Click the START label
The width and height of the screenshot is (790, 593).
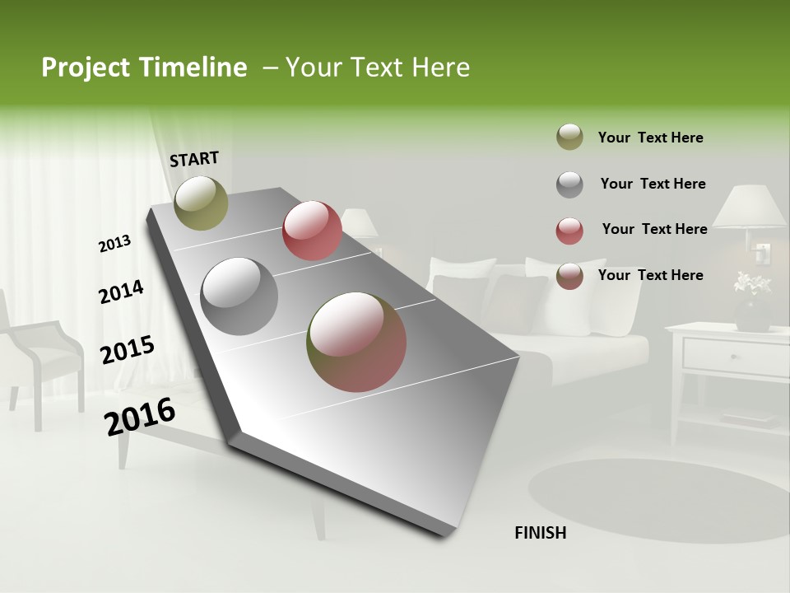194,159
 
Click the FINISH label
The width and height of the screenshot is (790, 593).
540,533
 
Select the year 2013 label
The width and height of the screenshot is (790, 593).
114,243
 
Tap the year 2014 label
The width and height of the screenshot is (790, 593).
121,292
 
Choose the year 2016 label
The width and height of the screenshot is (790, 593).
140,417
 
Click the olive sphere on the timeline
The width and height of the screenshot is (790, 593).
201,203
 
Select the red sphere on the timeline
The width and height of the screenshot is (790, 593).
312,231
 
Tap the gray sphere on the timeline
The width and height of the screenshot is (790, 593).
239,296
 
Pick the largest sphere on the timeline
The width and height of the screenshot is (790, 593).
356,342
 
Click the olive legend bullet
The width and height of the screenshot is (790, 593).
569,138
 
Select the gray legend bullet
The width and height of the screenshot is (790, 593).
569,184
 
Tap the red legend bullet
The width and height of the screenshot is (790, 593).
569,231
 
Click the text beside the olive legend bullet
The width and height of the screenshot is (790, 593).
650,138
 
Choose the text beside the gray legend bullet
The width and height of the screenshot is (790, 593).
653,184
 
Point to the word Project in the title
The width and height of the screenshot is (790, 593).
86,68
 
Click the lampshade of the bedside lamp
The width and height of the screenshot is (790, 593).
750,207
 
